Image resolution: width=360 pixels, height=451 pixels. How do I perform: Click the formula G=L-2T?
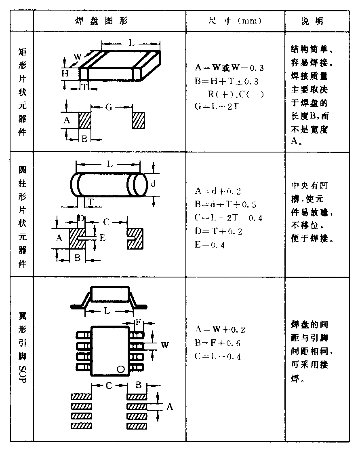215,107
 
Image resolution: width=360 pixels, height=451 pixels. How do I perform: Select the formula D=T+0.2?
224,231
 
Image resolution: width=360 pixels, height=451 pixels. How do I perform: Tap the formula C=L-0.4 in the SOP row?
218,356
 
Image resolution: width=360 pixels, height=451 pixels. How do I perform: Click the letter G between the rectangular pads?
109,107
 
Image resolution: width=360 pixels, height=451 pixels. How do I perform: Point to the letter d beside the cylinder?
153,184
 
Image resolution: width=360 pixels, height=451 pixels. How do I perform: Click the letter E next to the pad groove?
102,238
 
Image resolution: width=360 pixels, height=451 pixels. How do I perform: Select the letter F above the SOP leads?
139,323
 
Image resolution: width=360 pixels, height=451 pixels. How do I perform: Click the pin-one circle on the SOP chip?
120,369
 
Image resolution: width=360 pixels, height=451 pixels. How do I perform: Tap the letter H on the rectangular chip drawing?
65,73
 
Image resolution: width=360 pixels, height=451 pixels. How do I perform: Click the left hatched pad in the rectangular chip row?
85,121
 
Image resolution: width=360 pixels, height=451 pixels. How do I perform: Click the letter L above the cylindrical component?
109,164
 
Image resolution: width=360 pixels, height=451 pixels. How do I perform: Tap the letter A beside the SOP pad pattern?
170,407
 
